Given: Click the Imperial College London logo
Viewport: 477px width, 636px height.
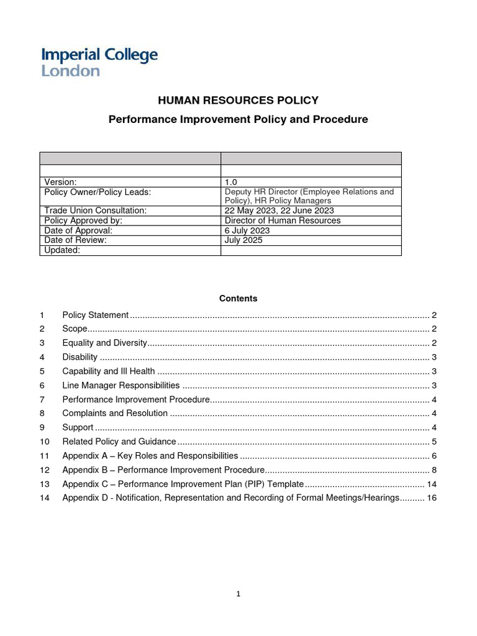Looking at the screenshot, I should pos(99,62).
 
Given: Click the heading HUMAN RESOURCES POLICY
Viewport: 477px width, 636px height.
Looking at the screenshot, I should pos(238,100).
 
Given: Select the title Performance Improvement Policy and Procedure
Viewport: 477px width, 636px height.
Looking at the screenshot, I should pos(238,119).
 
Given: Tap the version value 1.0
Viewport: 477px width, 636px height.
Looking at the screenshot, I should pos(231,182).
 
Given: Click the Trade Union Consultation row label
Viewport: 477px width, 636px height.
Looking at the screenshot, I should pos(95,211).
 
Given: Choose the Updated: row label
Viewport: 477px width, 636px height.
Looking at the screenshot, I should pos(62,250).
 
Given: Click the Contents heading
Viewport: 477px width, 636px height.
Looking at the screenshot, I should pos(238,299).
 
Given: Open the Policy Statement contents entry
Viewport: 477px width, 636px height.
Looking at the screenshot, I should pos(96,315).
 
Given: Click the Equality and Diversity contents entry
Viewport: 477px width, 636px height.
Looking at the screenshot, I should pos(104,343).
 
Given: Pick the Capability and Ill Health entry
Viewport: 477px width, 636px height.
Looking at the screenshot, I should pos(109,371).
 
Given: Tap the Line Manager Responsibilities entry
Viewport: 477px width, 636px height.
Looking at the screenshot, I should pos(121,386).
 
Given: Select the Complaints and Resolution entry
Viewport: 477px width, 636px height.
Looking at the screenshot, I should pos(115,413).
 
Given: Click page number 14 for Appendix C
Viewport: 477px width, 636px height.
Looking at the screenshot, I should pos(432,484).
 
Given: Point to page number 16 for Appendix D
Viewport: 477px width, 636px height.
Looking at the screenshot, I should pos(432,498).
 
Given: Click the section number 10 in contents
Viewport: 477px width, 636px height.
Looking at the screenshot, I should pos(44,442).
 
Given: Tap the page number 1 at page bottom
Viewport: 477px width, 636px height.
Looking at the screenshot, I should pos(238,594).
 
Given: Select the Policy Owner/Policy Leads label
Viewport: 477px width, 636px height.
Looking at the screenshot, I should pos(98,193).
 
